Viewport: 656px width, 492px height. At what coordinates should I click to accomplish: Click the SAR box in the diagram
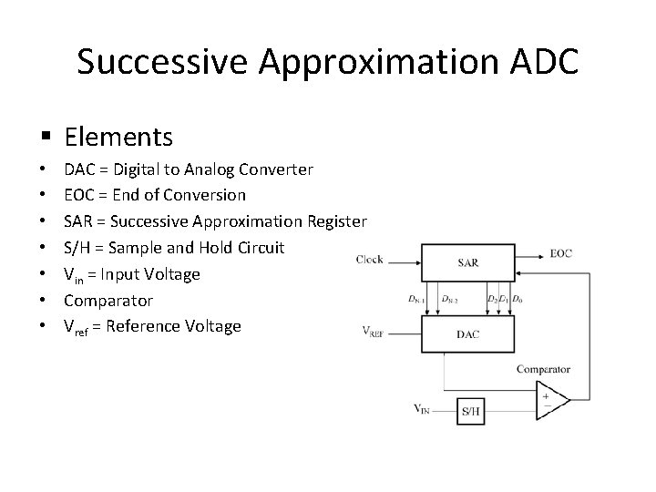point(468,262)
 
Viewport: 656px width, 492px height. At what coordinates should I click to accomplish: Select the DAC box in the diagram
point(468,334)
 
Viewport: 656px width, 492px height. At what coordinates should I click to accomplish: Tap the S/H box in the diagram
point(471,411)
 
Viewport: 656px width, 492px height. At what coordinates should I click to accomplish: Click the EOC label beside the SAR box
point(561,254)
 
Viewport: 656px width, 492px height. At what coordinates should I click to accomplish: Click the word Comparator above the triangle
point(543,369)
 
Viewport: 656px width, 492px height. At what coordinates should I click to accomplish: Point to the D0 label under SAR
point(518,298)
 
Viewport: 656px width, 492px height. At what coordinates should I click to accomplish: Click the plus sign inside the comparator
point(546,395)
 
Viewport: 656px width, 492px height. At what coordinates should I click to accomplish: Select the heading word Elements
point(118,137)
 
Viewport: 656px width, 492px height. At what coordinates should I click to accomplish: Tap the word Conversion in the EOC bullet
point(205,195)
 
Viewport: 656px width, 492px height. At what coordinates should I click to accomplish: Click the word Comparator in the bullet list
point(108,300)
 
